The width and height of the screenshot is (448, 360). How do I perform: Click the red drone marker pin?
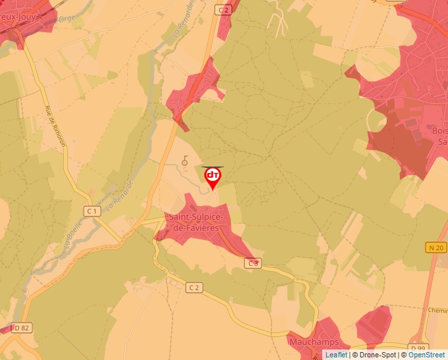[x=213, y=177]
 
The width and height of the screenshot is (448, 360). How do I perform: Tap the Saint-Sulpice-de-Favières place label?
[x=195, y=222]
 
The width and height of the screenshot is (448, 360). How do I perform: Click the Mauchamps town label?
[x=314, y=342]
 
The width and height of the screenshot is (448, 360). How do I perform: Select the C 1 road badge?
[x=92, y=211]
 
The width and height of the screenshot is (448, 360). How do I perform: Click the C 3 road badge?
[x=253, y=263]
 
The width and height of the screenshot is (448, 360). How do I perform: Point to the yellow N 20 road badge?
[x=435, y=247]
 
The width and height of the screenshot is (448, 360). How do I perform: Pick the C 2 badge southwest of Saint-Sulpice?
[x=193, y=288]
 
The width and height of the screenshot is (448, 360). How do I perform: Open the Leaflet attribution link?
[x=337, y=355]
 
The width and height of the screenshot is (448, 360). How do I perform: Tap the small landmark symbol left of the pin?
[x=185, y=159]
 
